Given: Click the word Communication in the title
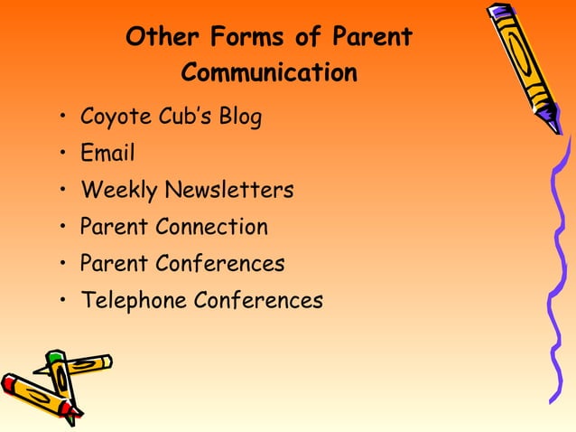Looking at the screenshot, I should click(269, 71).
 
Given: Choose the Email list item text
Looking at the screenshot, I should click(107, 154).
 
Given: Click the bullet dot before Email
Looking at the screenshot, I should click(62, 155).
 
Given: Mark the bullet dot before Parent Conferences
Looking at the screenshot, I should click(62, 265).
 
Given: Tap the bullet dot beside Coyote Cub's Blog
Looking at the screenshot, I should click(62, 118).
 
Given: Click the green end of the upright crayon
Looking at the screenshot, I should click(56, 359).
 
